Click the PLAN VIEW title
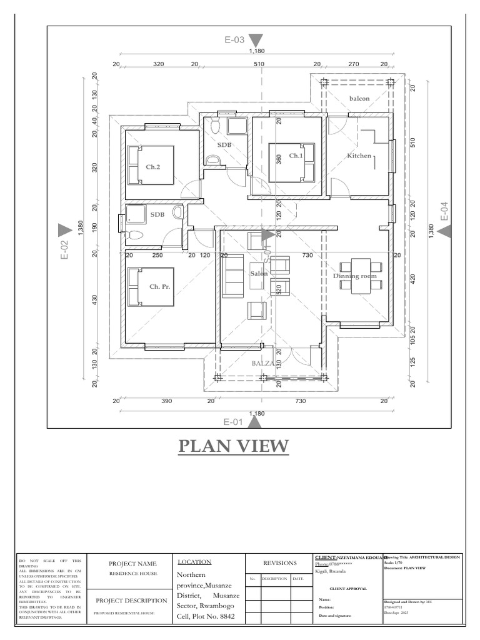(x=234, y=446)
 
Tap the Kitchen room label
(x=359, y=156)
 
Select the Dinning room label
(x=354, y=276)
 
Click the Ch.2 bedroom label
(x=153, y=167)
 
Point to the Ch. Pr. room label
(x=160, y=286)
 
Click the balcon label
(x=359, y=99)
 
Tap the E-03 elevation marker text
(x=235, y=40)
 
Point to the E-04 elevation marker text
(x=444, y=211)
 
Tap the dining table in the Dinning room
(x=361, y=276)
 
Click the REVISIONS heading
(x=279, y=562)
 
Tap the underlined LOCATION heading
(x=194, y=562)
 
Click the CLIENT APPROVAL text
(x=349, y=589)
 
